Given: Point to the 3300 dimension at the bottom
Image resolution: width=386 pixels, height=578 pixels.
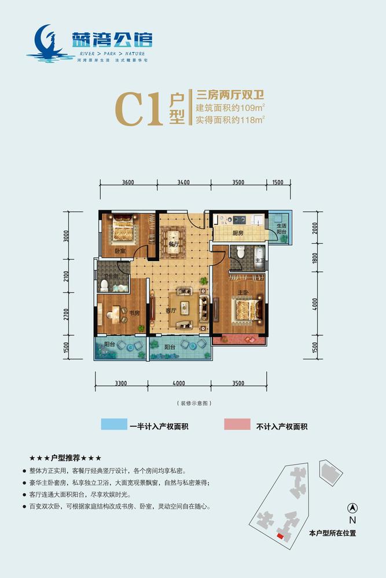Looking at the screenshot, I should point(122,382).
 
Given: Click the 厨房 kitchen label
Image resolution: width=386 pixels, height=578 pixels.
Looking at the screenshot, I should point(237,234).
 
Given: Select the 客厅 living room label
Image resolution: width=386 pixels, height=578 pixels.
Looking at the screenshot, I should point(171,310).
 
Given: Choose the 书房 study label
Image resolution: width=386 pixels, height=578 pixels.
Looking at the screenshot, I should point(134,314).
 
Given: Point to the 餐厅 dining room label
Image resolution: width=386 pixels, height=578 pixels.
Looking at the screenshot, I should point(172,244).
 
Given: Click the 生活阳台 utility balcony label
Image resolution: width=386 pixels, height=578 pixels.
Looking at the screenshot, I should point(281,229).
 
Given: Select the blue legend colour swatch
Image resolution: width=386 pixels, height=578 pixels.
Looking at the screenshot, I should point(113,425).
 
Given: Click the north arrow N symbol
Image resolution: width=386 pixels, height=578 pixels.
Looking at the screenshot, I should point(351,509).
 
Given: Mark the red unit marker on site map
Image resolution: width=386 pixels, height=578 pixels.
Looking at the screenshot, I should point(280,537).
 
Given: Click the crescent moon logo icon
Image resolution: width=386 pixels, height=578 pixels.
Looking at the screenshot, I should point(45,40).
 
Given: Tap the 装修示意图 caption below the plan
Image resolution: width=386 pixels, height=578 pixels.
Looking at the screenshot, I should point(193,402).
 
